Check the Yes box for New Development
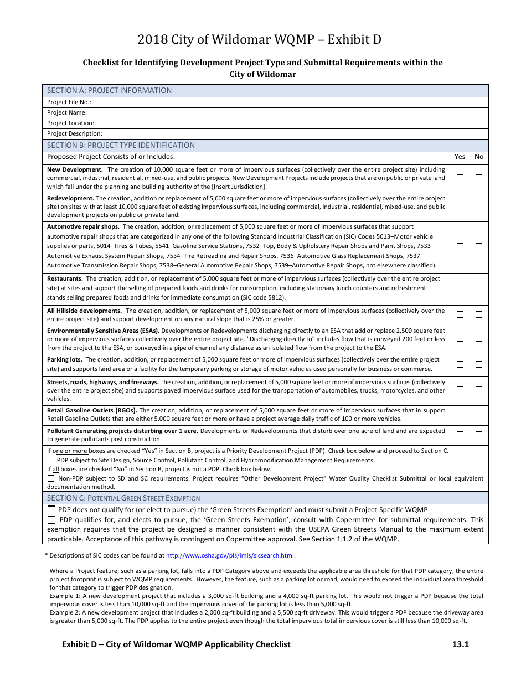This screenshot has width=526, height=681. tap(460, 178)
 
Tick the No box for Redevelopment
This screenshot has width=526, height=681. tap(479, 206)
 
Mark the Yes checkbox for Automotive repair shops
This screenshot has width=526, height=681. tap(460, 246)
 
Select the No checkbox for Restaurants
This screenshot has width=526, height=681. tap(479, 288)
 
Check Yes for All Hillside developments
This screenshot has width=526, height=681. tap(460, 314)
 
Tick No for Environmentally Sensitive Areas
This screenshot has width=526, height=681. tap(479, 339)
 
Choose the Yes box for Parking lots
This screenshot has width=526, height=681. tap(460, 364)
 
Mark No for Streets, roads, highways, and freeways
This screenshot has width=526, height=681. tap(479, 390)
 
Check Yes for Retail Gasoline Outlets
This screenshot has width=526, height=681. tap(460, 414)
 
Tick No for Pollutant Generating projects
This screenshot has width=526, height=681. tap(479, 434)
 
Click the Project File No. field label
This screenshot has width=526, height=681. tap(69, 102)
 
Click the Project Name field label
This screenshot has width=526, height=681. tap(67, 112)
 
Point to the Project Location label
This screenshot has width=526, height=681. tap(70, 123)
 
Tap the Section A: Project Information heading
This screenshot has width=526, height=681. tap(109, 90)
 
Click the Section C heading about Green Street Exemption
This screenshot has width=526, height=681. tap(123, 498)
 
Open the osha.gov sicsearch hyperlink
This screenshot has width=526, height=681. tap(230, 555)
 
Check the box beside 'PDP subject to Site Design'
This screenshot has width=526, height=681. tap(51, 460)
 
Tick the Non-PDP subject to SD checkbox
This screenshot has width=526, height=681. tap(51, 478)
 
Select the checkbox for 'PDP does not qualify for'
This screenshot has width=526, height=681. tap(51, 510)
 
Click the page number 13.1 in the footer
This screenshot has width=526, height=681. tap(460, 644)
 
